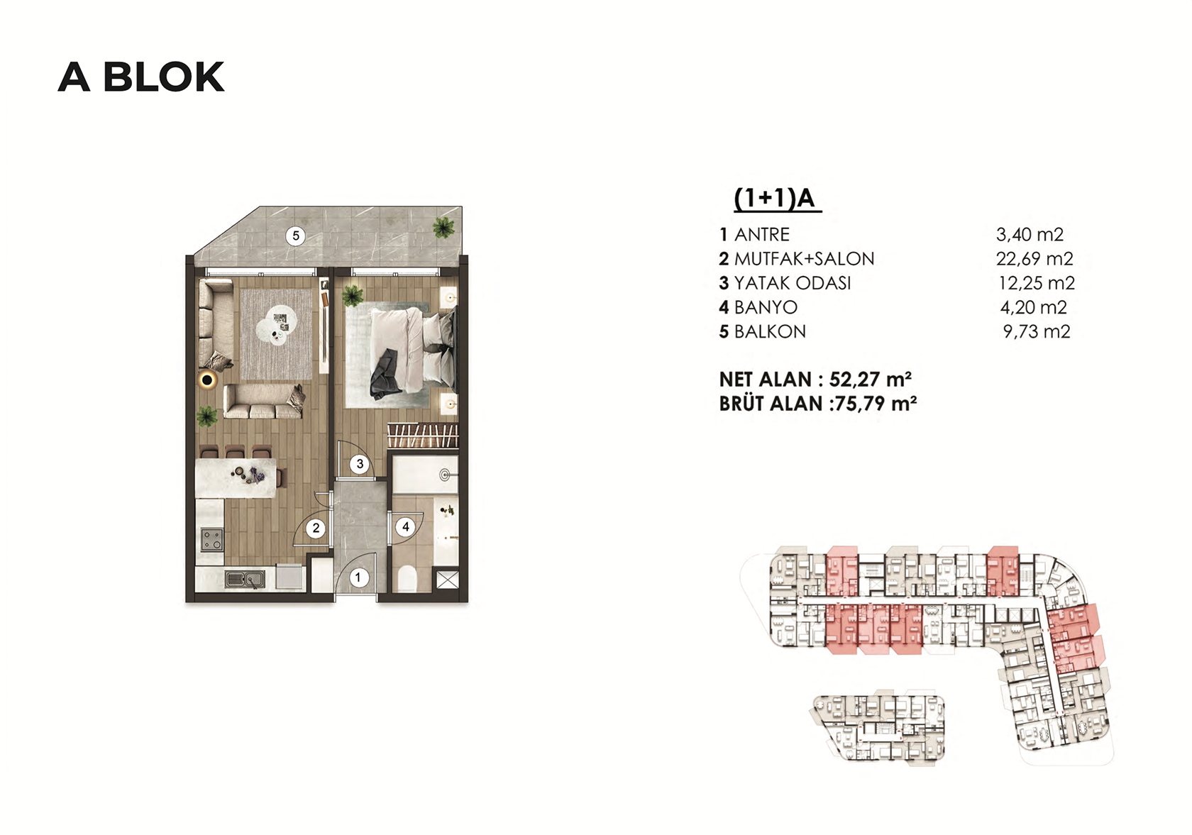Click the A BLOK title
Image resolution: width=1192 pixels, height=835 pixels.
141,77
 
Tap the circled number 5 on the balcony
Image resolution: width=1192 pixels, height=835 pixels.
296,236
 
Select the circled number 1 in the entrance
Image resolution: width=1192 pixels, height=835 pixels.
358,577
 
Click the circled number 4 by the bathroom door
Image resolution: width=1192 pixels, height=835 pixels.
406,527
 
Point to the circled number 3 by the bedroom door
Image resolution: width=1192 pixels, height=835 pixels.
360,464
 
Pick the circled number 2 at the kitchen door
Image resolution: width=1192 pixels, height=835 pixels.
316,528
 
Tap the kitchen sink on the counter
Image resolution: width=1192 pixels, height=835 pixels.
245,579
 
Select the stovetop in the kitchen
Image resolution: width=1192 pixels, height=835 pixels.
211,539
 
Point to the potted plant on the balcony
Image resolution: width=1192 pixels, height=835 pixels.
443,228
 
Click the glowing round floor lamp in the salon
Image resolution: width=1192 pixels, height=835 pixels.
206,380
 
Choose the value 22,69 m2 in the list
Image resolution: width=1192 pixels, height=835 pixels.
1034,259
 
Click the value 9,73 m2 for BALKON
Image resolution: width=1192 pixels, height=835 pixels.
1037,331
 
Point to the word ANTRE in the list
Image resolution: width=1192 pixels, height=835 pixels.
762,234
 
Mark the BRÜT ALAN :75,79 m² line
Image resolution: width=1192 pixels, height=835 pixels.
818,404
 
